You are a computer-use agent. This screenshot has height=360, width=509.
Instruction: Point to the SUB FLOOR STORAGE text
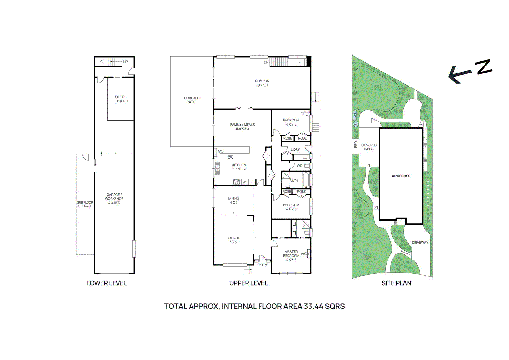pos(85,204)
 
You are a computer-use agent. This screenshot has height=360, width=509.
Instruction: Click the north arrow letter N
pos(484,67)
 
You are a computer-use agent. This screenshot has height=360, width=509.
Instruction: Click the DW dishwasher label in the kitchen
pos(230,157)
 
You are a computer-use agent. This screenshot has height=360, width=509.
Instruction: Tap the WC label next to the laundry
pos(299,166)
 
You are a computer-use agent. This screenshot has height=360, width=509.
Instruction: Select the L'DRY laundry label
pos(295,149)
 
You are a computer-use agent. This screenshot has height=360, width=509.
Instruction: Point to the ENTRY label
pos(262,265)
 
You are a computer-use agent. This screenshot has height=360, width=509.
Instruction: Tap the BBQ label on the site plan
pos(356,144)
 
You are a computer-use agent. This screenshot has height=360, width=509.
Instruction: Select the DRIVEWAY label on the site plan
pos(420,242)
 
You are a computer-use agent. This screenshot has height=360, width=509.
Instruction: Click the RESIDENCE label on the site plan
pos(401,176)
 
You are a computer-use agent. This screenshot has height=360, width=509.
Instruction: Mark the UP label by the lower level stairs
pos(125,62)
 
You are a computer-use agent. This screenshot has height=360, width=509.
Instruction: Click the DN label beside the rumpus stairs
pos(266,62)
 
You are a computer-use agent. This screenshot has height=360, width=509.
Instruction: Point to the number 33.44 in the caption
pos(314,306)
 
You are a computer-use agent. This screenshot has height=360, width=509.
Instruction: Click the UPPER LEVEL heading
pos(248,283)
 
